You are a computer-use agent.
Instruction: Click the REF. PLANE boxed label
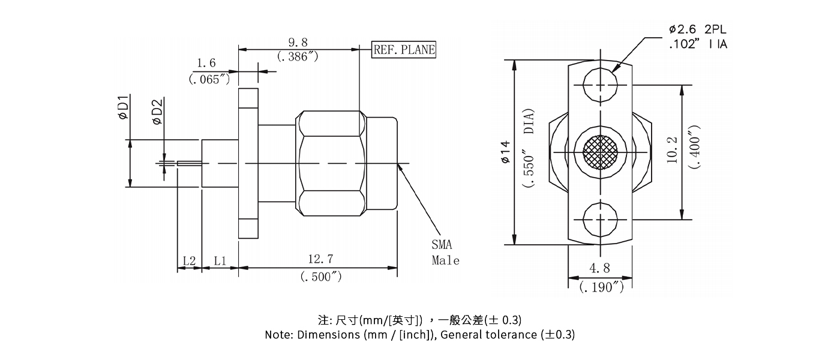(x=404, y=50)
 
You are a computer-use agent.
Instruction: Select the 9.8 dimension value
(x=298, y=42)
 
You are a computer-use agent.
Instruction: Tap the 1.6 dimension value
(x=206, y=63)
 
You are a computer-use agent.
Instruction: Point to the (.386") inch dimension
(x=298, y=56)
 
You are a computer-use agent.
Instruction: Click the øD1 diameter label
(x=123, y=107)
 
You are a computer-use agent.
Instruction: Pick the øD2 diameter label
(x=157, y=112)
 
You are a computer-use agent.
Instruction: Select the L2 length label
(x=189, y=261)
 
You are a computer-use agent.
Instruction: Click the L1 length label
(x=220, y=261)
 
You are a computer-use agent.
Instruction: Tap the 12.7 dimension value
(x=320, y=259)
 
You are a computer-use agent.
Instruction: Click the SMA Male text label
(x=445, y=253)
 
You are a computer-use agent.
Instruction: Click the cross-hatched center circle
(x=600, y=152)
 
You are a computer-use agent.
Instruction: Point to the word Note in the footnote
(x=279, y=335)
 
